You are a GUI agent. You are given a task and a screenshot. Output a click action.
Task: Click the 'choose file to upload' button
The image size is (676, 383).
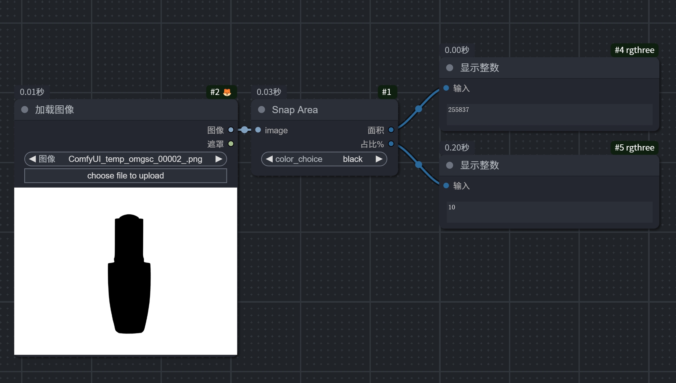point(125,176)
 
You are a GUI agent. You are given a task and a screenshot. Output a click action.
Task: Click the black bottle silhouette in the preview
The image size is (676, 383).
point(129,274)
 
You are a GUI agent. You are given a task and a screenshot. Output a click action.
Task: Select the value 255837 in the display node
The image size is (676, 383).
point(458,110)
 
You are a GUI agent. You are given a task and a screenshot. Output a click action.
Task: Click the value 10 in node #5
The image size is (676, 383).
point(451,207)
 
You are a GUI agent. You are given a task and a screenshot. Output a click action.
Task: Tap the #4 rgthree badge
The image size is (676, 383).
point(634,50)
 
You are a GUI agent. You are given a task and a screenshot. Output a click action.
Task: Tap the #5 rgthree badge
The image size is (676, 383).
point(634,148)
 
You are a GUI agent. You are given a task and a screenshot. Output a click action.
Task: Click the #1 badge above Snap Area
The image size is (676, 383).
point(387,92)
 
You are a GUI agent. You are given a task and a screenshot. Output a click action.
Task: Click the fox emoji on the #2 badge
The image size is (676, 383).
point(227,92)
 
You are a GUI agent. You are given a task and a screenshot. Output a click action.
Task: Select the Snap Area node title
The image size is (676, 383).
point(295,110)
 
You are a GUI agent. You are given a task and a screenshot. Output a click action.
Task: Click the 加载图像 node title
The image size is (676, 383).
point(55,110)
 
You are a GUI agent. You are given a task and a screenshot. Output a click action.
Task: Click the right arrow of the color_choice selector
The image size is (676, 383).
point(379,159)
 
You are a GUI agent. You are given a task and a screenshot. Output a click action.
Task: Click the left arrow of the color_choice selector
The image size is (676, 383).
point(269,159)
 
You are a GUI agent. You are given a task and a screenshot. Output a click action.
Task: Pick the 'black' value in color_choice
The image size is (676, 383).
point(353,159)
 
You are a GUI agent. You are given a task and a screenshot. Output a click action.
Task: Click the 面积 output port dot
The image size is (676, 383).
point(391,130)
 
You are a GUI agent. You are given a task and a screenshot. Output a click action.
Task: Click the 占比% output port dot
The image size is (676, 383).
point(391,144)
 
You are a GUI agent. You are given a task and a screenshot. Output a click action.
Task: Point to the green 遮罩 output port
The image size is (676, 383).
point(231,144)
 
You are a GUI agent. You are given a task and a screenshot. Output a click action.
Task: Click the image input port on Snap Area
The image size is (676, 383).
point(258,130)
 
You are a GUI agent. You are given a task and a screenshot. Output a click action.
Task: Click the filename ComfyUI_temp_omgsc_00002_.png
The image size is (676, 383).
point(135,159)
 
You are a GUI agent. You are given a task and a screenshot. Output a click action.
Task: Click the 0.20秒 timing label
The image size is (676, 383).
point(457,148)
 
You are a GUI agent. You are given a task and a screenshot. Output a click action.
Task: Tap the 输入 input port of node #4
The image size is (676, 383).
point(446,88)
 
